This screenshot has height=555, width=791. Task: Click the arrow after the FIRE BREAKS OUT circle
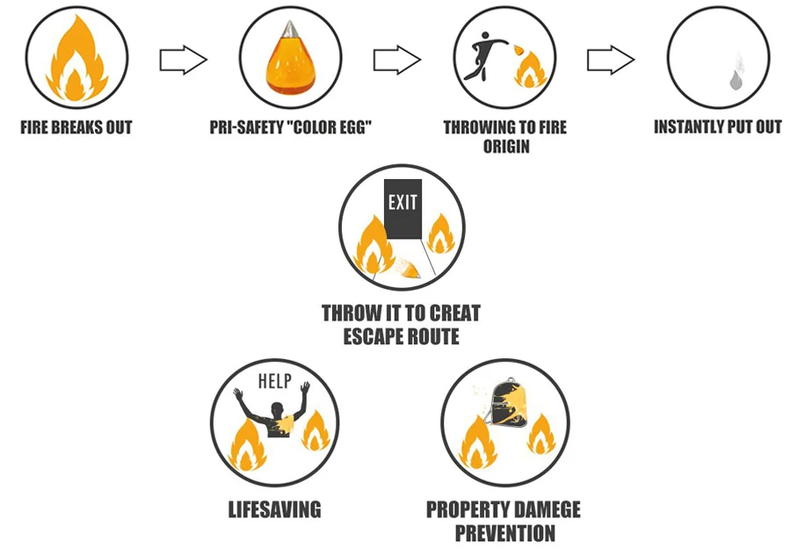[x=183, y=61]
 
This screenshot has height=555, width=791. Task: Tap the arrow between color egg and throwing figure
[x=396, y=61]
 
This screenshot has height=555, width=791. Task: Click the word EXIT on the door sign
[x=403, y=202]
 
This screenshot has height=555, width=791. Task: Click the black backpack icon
[x=510, y=412]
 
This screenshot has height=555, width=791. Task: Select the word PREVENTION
[x=504, y=532]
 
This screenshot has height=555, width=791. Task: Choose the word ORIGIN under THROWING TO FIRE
[x=506, y=146]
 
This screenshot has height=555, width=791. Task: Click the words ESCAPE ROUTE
[x=402, y=335]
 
